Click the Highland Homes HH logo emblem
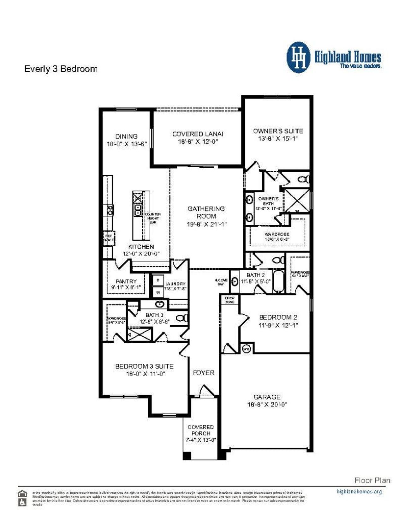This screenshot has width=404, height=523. click(298, 58)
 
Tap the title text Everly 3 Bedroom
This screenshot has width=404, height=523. click(61, 69)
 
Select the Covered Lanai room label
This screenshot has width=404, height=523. click(198, 134)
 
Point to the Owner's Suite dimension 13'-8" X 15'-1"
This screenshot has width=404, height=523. click(278, 138)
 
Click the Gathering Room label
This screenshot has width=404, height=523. click(206, 212)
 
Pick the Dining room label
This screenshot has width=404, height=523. click(126, 136)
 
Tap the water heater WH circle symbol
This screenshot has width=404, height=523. click(246, 349)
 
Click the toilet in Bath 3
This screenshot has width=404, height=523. click(181, 318)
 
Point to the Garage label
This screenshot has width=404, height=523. click(267, 397)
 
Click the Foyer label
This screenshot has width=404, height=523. click(204, 373)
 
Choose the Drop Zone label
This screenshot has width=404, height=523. click(230, 300)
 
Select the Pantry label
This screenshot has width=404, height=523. click(126, 281)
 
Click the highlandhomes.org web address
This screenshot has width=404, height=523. click(359, 491)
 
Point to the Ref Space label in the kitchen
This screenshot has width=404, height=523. click(109, 238)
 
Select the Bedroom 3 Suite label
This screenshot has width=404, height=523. click(144, 366)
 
